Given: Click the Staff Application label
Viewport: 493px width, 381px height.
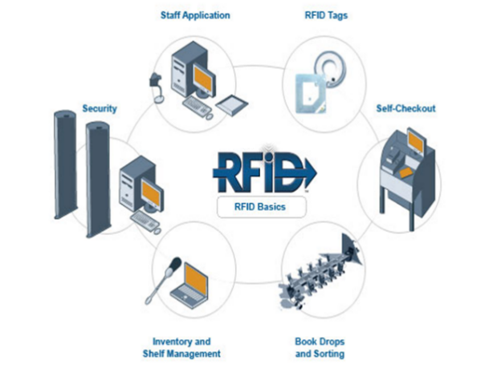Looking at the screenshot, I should (x=196, y=14).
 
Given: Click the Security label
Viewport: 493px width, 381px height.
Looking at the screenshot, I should (x=100, y=107).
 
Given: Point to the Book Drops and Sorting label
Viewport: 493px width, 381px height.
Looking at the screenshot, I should (x=320, y=347).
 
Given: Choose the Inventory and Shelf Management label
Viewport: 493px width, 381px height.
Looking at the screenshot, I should (x=186, y=347).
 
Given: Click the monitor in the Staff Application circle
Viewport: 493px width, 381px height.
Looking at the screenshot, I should (x=202, y=77).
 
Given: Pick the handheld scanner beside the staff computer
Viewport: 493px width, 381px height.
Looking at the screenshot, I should (x=157, y=80).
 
